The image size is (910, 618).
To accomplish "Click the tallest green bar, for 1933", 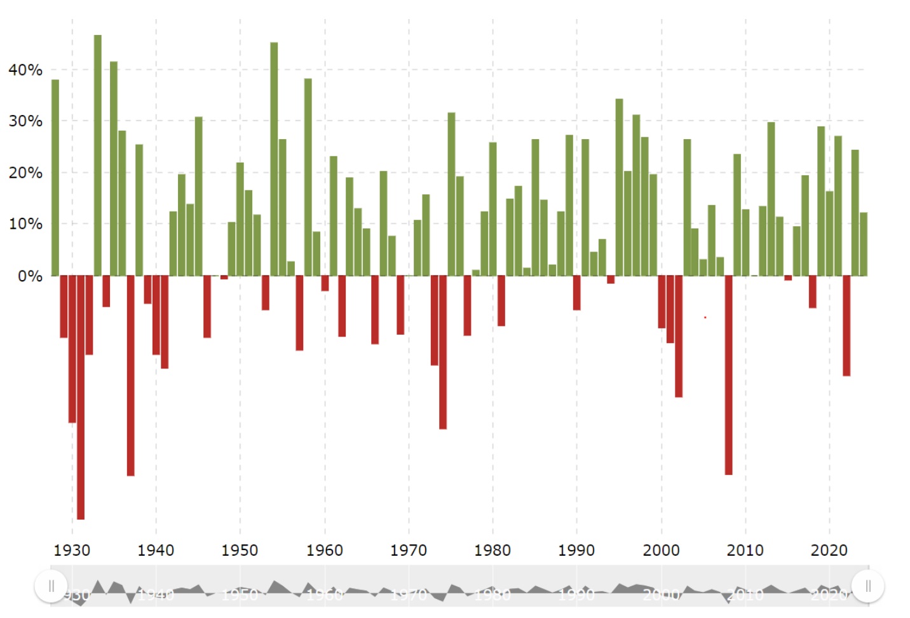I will coord(97,156).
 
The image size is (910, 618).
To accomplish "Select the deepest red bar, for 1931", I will coord(81,397).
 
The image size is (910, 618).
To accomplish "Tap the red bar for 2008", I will coord(728,375).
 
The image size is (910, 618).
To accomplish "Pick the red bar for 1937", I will coord(130,375).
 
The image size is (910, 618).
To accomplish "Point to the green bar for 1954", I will coord(274,159).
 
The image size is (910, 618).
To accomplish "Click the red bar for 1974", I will coord(443,352).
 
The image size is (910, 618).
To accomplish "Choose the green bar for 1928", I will coord(55,178).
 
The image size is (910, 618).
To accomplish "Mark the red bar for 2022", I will coord(846,325).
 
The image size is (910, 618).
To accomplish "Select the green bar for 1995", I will coord(619,187).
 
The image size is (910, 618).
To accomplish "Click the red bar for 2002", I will coord(679,336).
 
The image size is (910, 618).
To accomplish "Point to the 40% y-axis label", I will coord(25,70).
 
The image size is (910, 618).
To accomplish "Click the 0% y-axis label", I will coord(30,276).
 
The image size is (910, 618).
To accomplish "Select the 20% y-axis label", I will coord(25,173).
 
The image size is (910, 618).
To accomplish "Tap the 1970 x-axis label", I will coord(408,550).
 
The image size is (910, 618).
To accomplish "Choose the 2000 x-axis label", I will coord(661,550).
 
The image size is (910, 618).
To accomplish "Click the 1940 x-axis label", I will coord(156,550).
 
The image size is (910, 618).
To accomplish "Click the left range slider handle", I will coord(51,586).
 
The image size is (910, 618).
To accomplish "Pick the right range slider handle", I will coord(867,586).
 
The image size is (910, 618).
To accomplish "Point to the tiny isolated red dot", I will coord(705,317).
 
